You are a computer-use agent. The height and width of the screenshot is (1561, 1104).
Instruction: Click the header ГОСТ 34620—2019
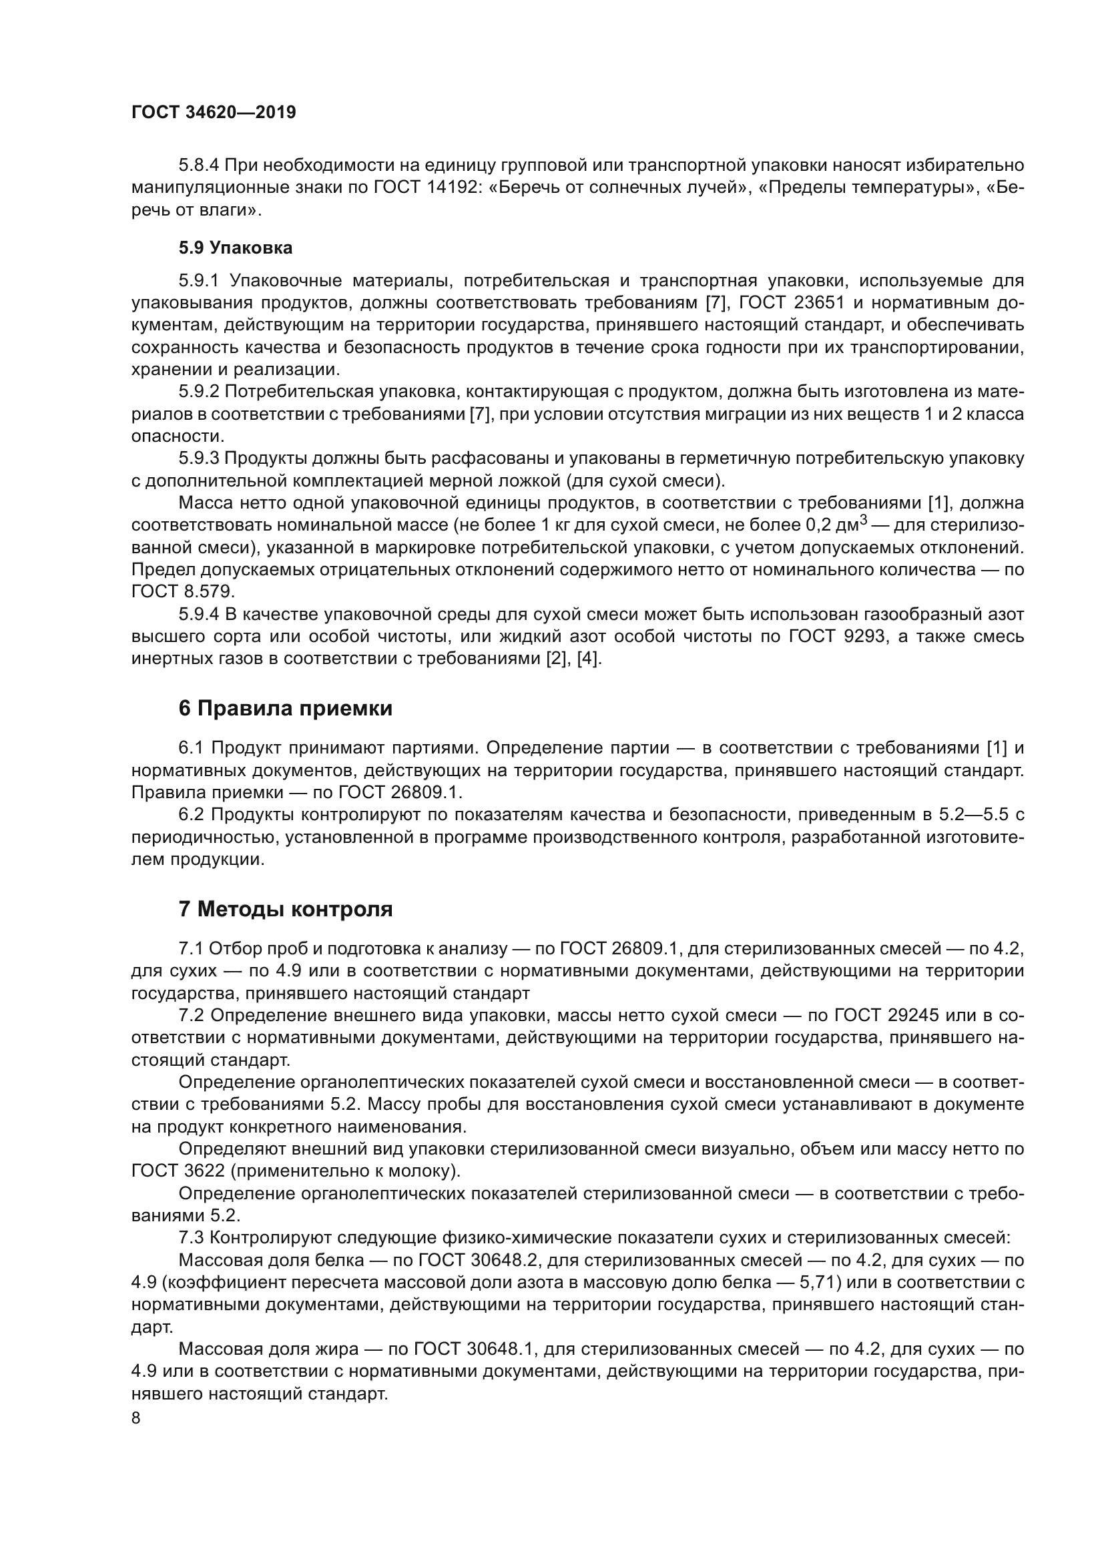[214, 113]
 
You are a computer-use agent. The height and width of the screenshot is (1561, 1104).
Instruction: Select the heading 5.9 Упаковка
[235, 248]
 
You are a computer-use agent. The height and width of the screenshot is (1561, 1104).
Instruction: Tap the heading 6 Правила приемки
[285, 709]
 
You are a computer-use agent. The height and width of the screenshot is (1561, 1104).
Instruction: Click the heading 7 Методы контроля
[285, 909]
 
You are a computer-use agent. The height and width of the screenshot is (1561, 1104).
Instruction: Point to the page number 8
[136, 1418]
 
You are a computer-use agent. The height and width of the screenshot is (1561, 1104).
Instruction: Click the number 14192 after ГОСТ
[445, 188]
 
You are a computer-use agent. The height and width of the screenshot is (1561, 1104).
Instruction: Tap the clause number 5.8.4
[198, 166]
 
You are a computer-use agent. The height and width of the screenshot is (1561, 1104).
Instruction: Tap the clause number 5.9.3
[198, 458]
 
